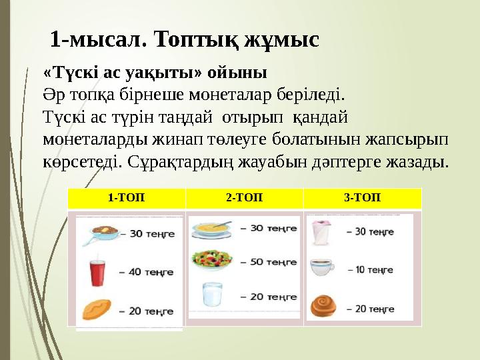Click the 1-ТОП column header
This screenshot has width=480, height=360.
tap(126, 197)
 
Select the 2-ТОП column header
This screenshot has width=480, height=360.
tap(244, 197)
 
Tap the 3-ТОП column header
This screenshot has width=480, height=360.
tap(362, 197)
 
